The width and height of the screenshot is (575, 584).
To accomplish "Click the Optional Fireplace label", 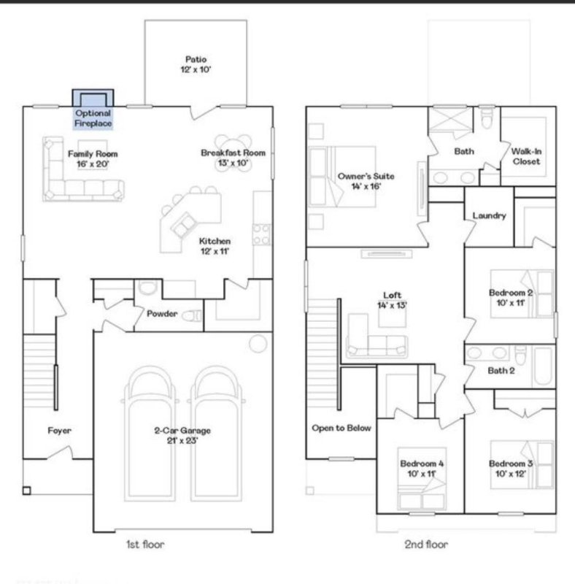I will tap(93, 118).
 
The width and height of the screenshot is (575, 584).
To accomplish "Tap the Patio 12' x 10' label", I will tap(195, 64).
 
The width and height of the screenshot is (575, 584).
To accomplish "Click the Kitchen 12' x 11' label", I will tap(215, 246).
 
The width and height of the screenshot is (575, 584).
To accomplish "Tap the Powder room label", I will tap(162, 315).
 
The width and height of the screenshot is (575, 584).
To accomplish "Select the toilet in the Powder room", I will tap(192, 316).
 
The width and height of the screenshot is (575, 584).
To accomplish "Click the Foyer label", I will tap(59, 431).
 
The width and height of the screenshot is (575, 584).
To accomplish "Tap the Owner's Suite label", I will tap(360, 181).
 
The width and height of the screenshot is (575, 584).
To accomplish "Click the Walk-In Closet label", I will tap(525, 156).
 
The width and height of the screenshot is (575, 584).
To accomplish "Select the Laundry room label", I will tap(489, 216).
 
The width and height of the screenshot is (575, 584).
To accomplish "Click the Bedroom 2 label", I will tap(511, 298).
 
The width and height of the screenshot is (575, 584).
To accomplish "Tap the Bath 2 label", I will tap(501, 370).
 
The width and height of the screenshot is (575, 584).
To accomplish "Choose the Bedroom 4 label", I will tap(421, 469).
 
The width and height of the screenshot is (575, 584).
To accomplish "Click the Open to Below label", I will tap(341, 428).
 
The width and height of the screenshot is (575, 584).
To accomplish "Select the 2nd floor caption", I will tap(427, 544).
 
